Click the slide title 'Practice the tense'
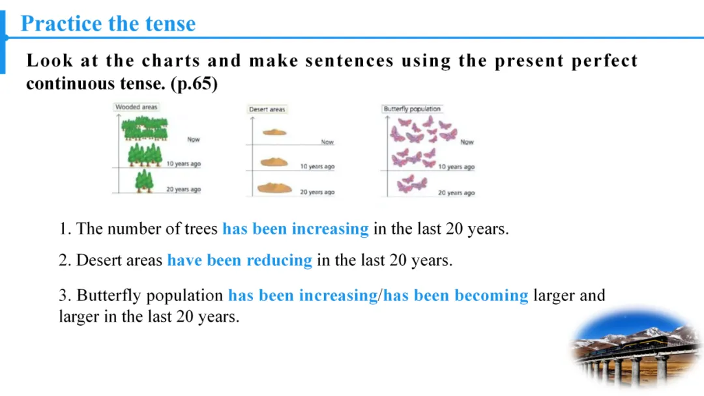108,23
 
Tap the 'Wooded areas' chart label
136,107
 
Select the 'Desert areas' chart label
267,109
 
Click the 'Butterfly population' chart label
412,109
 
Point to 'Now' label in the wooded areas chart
194,139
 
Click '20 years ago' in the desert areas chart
317,192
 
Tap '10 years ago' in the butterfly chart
456,167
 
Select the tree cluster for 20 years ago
144,181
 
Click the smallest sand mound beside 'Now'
274,132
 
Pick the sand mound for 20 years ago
274,188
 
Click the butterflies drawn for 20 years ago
412,184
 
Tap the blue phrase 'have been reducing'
240,260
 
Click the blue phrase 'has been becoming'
456,296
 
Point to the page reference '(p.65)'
194,84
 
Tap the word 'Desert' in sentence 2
96,260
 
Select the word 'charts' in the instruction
171,61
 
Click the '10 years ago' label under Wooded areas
184,164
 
